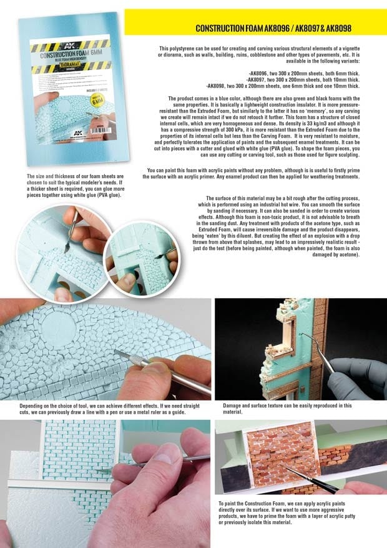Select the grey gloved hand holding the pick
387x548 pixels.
(360, 372)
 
